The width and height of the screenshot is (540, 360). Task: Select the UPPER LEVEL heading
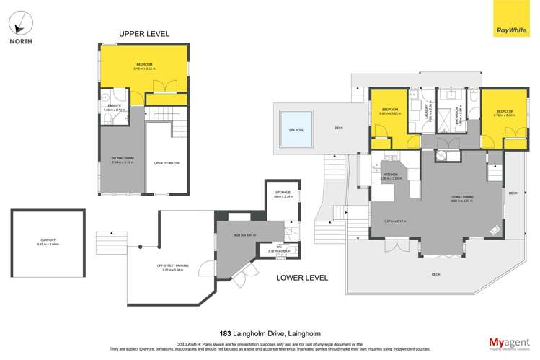coord(144,34)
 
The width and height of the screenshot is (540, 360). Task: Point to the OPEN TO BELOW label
coord(166,163)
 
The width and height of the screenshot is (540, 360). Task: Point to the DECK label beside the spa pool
coord(339,128)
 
